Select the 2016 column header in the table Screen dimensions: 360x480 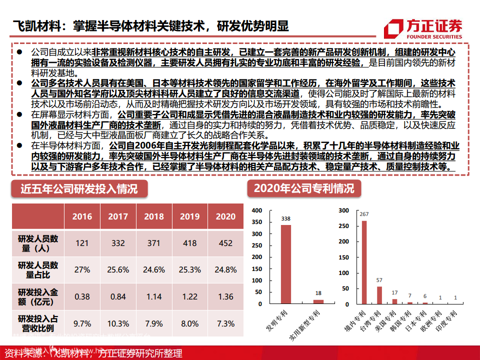[x=82, y=216]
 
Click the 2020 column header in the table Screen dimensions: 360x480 [x=225, y=216]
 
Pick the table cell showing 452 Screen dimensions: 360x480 [x=225, y=243]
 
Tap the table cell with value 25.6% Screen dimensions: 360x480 [x=118, y=269]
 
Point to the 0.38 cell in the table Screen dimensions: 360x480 [x=82, y=296]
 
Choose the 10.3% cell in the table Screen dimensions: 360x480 [x=118, y=323]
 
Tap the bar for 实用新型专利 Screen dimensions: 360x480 [x=318, y=301]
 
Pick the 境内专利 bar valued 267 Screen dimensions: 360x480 [x=364, y=262]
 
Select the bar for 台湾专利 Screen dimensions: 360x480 [x=379, y=295]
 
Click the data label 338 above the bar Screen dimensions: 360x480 [x=286, y=219]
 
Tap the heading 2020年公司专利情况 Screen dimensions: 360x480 [x=303, y=188]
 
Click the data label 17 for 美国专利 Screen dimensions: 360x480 [x=395, y=292]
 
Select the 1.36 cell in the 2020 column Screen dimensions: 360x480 [x=225, y=296]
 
